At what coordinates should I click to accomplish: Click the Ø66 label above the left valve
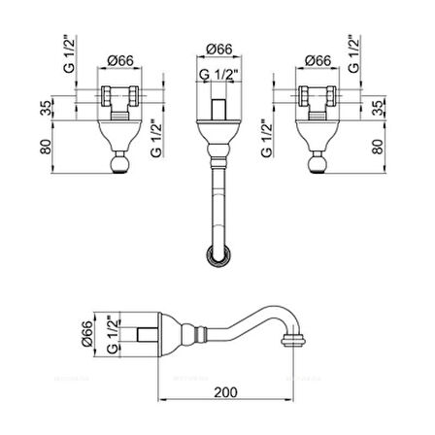[120, 60]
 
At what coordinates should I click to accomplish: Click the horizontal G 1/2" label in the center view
[217, 73]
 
